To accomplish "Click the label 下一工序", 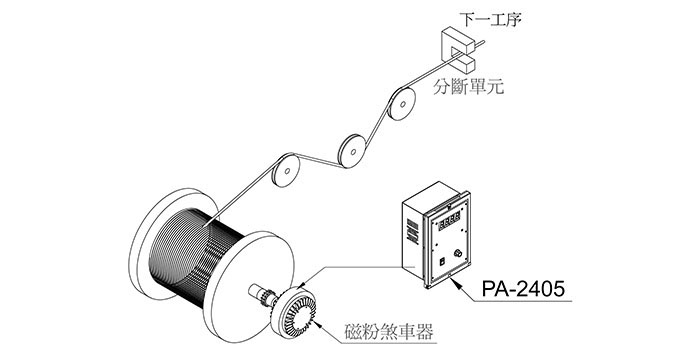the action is (x=490, y=19).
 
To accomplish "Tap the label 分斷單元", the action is (x=469, y=86).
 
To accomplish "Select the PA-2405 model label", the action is (x=523, y=289).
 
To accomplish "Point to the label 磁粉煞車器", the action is (x=389, y=332).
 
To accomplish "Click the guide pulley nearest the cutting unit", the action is (x=402, y=104).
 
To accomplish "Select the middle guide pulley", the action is (x=353, y=151).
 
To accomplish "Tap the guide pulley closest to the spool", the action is (x=286, y=170).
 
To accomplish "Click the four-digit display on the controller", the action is (x=449, y=222).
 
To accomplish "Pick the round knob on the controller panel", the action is (x=458, y=254).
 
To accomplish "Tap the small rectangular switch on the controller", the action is (x=442, y=263).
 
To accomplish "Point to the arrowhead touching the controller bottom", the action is (x=453, y=280).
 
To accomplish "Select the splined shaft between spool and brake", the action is (x=261, y=294).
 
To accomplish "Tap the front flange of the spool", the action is (x=248, y=286).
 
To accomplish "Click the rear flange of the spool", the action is (x=151, y=241).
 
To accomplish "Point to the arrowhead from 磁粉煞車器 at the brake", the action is (x=317, y=323).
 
